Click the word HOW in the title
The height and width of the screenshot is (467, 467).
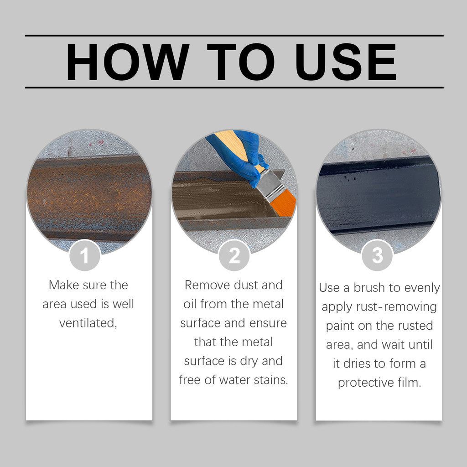(128, 62)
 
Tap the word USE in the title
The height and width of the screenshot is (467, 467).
(346, 62)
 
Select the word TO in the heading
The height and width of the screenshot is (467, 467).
(240, 62)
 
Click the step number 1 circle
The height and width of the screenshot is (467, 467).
(84, 255)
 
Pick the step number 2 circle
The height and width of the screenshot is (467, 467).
(234, 255)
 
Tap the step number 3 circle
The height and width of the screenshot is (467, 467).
(377, 255)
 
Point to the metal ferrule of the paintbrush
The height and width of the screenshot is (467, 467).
(270, 185)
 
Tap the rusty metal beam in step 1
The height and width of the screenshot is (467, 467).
(89, 197)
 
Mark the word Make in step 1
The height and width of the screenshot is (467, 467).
(64, 285)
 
